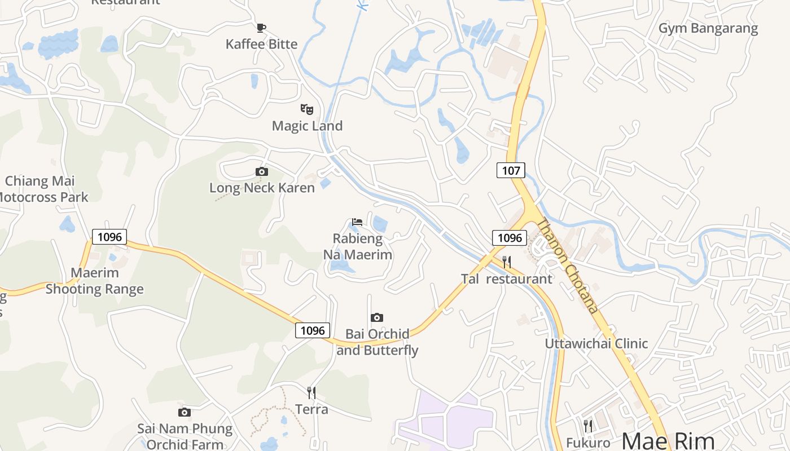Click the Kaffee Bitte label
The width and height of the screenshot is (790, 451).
click(x=261, y=44)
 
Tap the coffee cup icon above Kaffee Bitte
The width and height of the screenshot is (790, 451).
click(x=261, y=28)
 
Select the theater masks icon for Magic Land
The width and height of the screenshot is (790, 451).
click(x=307, y=109)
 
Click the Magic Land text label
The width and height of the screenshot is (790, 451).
click(x=307, y=126)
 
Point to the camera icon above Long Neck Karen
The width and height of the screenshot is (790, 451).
click(x=262, y=171)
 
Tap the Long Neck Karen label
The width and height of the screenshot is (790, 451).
click(x=262, y=188)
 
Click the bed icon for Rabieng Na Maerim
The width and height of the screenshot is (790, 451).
click(x=357, y=222)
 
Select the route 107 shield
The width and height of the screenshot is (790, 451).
click(x=511, y=170)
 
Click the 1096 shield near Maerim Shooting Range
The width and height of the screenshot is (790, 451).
click(x=109, y=237)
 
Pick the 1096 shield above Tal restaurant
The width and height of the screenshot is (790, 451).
click(x=510, y=238)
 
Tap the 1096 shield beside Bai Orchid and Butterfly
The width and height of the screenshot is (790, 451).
click(x=313, y=330)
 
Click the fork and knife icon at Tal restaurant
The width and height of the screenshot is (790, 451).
click(x=507, y=262)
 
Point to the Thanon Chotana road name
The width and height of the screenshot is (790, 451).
click(x=567, y=265)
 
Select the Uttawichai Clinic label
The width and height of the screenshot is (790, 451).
click(x=596, y=343)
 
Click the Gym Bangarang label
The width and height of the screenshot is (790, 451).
click(x=708, y=28)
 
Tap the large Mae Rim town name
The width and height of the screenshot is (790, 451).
click(x=668, y=440)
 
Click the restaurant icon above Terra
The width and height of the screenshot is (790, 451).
click(x=311, y=392)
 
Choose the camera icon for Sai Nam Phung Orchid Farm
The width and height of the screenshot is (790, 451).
click(x=185, y=412)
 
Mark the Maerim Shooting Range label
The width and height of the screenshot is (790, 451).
click(x=95, y=281)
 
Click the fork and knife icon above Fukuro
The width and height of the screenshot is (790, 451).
click(x=588, y=426)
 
